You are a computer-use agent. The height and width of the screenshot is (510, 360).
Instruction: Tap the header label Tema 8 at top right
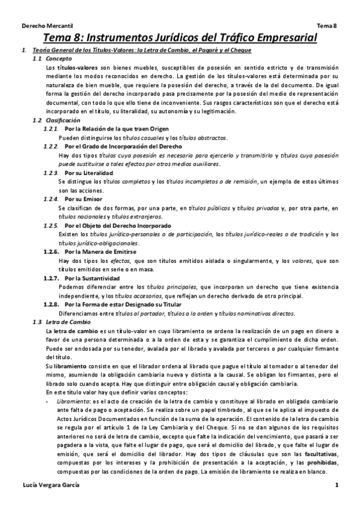(x=327, y=26)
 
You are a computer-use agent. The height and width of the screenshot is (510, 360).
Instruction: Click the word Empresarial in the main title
(x=275, y=38)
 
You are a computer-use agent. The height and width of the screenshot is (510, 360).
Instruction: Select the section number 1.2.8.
(x=52, y=305)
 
